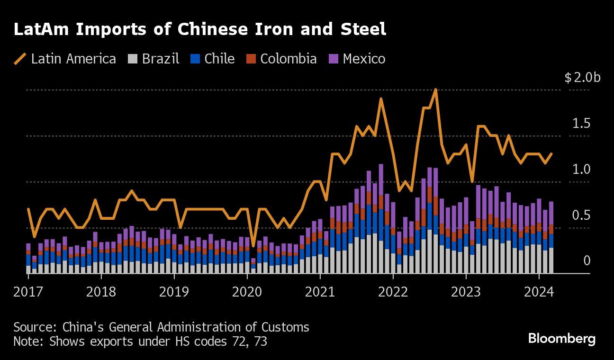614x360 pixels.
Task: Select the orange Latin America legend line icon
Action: click(20, 59)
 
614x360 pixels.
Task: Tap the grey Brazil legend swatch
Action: click(133, 59)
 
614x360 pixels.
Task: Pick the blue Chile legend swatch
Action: click(195, 59)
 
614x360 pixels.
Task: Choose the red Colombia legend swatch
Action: click(251, 59)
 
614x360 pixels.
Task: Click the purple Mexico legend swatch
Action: click(334, 59)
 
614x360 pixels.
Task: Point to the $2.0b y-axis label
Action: click(582, 77)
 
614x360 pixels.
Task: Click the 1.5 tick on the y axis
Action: click(581, 124)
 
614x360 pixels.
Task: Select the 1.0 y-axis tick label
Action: click(581, 170)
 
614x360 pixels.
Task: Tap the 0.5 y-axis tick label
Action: click(581, 216)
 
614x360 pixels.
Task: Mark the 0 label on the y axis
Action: click(587, 261)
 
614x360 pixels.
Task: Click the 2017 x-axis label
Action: click(27, 291)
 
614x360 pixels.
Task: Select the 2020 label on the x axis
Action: click(247, 291)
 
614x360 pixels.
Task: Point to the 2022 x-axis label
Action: click(393, 291)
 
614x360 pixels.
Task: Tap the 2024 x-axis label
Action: click(539, 291)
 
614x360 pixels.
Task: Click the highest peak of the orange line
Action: click(435, 90)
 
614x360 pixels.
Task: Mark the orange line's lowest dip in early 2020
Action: click(253, 245)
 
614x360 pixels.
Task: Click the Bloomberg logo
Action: click(561, 339)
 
